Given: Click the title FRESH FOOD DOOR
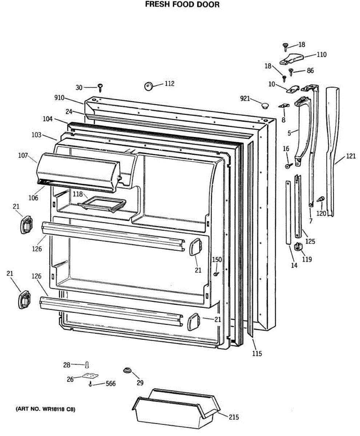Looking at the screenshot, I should click(x=182, y=5).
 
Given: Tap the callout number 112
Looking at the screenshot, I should click(x=169, y=84).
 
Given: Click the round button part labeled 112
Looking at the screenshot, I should click(x=148, y=86).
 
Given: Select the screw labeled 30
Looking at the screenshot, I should click(x=100, y=87).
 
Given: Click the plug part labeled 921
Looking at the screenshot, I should click(x=265, y=105).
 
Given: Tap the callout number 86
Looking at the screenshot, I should click(x=310, y=70).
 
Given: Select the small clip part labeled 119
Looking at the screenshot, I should click(x=298, y=246).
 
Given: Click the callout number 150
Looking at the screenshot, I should click(x=217, y=259).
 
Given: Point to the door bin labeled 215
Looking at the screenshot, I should click(x=175, y=409).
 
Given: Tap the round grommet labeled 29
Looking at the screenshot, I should click(x=127, y=370).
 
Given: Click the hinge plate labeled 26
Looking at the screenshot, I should click(x=90, y=376).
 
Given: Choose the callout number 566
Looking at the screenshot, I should click(x=111, y=384).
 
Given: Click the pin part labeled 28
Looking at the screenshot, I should click(x=87, y=364).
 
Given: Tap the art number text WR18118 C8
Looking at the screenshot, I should click(x=45, y=409).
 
